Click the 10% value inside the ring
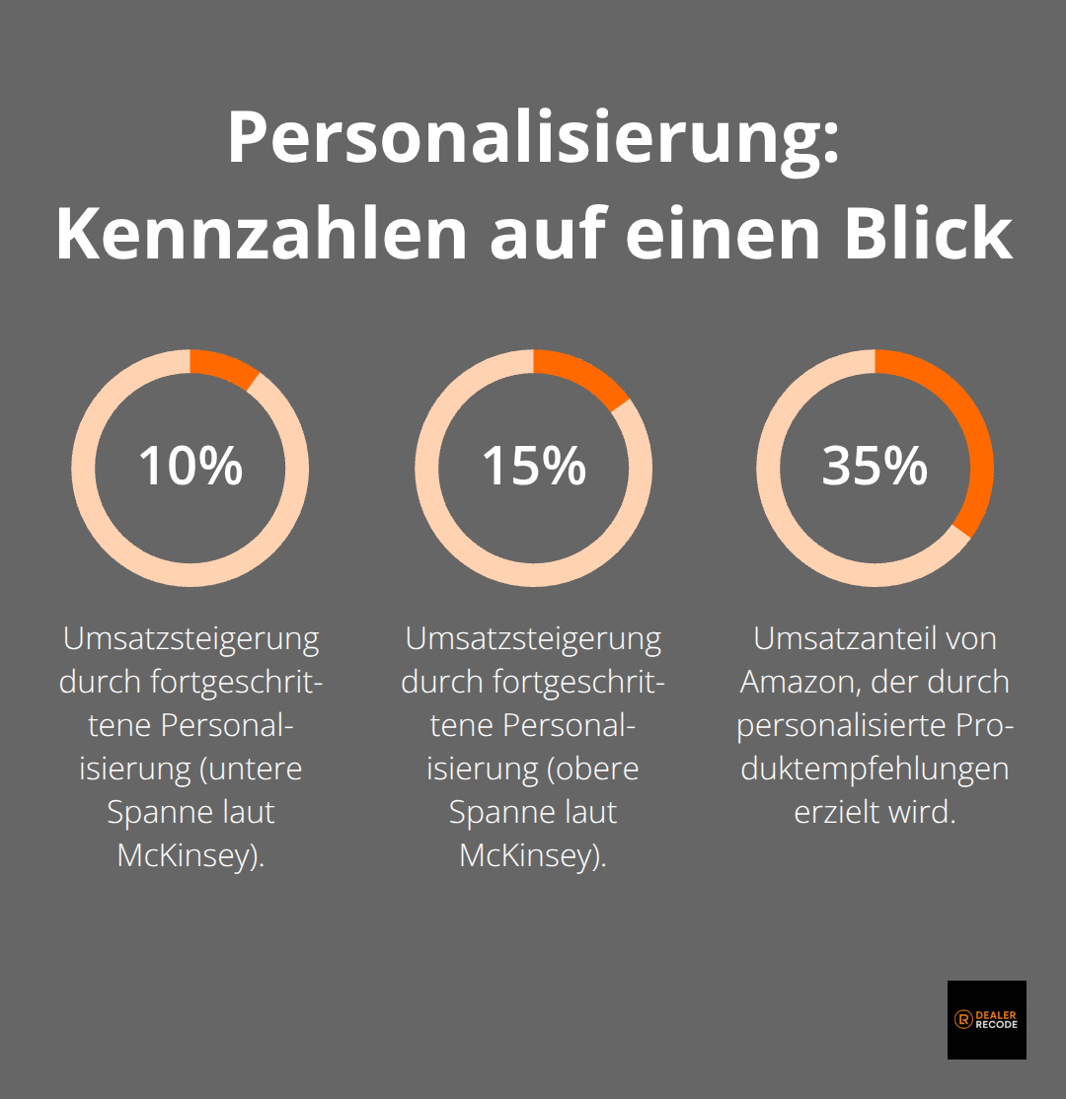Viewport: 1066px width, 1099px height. (190, 466)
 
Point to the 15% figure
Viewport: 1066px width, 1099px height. (533, 466)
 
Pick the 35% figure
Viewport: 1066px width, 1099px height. (875, 466)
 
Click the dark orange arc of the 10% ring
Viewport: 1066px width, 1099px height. (224, 368)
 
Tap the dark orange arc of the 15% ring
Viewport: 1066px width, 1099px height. (584, 378)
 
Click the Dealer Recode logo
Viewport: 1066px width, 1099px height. (986, 1019)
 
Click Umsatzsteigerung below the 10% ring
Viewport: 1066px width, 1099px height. (190, 639)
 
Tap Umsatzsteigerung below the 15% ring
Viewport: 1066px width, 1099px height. (533, 639)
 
